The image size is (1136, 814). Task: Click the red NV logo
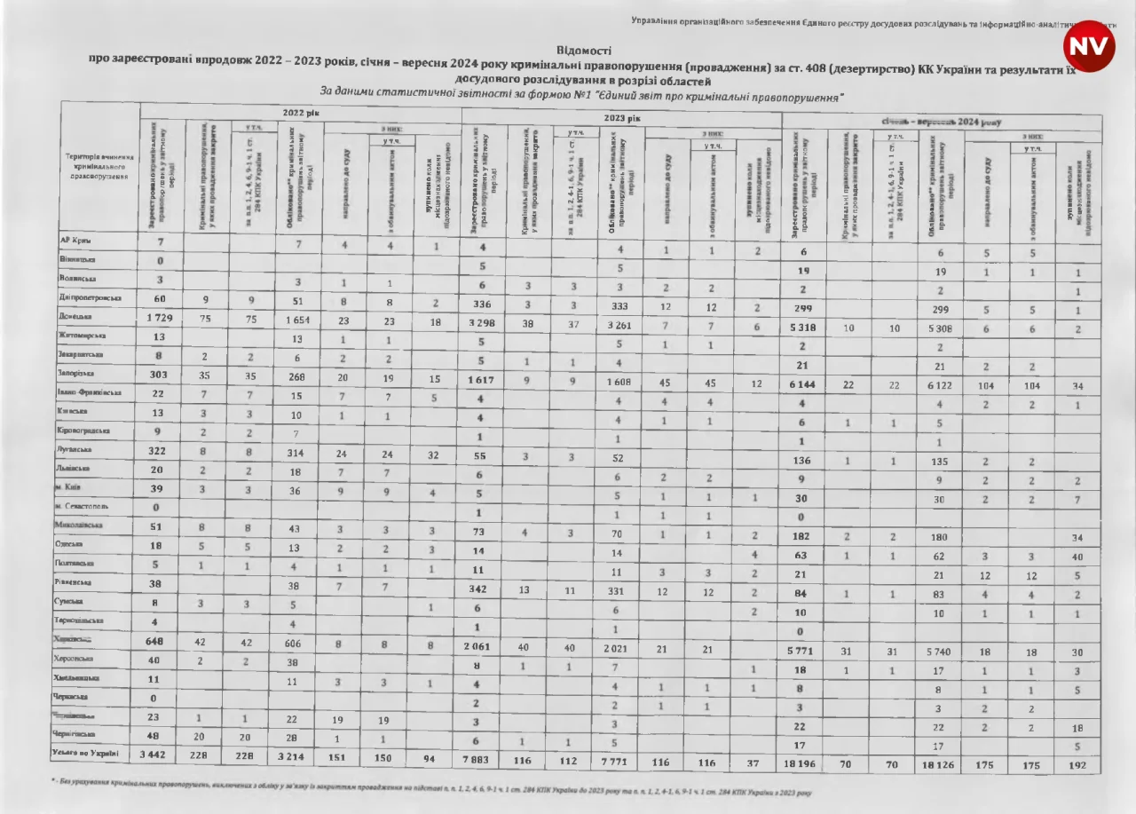[1089, 47]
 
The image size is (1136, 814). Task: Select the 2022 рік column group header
[300, 114]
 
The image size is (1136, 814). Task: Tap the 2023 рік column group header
[622, 117]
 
